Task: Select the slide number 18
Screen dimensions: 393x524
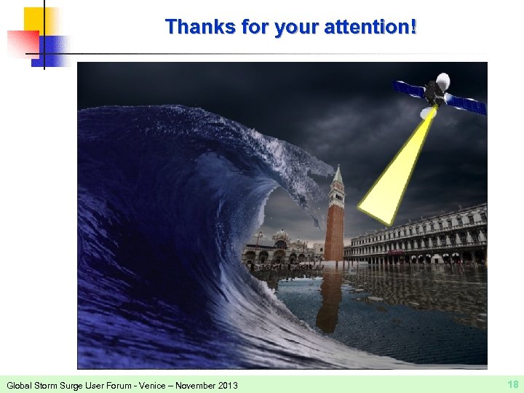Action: (512, 384)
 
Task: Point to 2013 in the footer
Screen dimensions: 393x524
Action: (226, 384)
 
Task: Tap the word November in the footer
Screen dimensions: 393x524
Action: (192, 384)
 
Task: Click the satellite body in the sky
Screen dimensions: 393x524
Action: (435, 92)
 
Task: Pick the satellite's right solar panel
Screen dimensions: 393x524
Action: (467, 103)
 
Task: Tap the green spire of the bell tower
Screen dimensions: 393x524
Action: (338, 177)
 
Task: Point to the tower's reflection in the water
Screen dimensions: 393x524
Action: (329, 298)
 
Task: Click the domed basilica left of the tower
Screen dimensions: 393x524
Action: (281, 247)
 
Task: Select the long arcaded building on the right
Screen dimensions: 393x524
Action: (422, 237)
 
